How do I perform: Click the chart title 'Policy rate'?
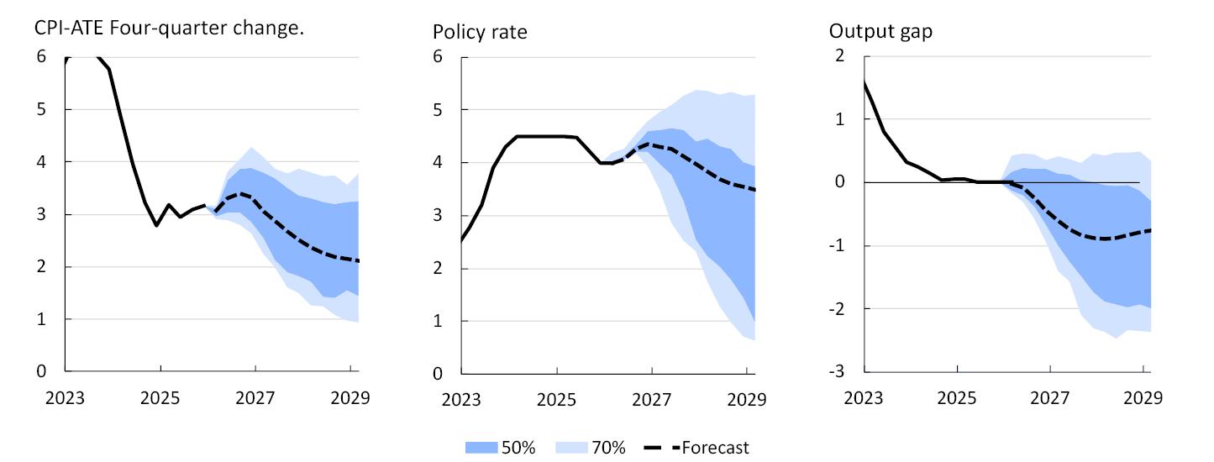tap(480, 32)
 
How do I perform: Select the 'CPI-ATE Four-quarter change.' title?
tap(169, 27)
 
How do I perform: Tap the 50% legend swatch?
tap(481, 448)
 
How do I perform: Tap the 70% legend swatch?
tap(571, 448)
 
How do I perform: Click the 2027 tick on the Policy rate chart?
tap(651, 396)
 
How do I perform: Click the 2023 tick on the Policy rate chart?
tap(461, 396)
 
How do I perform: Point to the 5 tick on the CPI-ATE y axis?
tap(40, 109)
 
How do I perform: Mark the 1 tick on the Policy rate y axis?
tap(437, 321)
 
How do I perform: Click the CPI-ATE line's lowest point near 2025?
tap(155, 225)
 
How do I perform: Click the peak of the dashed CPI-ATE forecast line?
tap(242, 193)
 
